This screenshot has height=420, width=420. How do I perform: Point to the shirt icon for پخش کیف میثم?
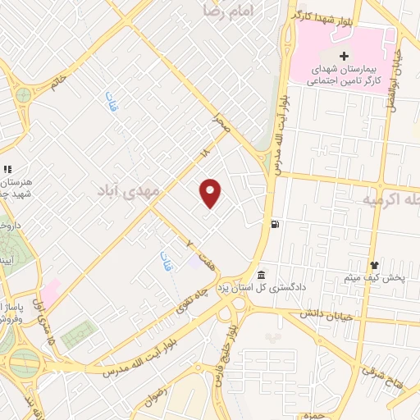[x=375, y=265]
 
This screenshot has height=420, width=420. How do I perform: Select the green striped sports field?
[x=79, y=334]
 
